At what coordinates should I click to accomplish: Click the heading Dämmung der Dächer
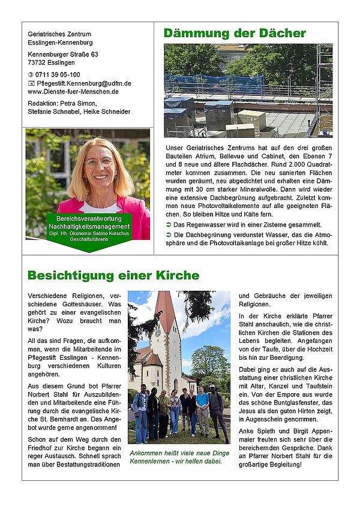click(x=235, y=33)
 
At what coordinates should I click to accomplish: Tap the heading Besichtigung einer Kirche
click(x=113, y=275)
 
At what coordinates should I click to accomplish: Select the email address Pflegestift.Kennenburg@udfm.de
click(x=84, y=83)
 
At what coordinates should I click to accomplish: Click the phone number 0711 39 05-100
click(x=58, y=74)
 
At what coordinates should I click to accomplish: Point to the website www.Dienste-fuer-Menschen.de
click(x=73, y=92)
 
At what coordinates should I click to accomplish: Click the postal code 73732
click(x=37, y=62)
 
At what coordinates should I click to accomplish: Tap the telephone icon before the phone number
click(x=31, y=74)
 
